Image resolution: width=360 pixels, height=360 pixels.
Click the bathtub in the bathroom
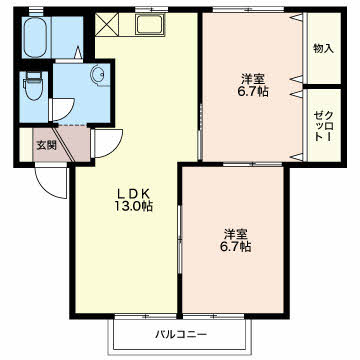click(35, 37)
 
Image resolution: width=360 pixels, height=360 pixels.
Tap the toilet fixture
click(33, 86)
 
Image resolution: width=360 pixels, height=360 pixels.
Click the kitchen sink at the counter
click(149, 24)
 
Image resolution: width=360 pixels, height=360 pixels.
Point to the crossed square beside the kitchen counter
click(107, 24)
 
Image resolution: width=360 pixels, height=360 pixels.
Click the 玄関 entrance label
click(46, 145)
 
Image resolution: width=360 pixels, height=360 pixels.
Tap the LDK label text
click(134, 193)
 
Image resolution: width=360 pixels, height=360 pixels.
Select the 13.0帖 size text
click(134, 207)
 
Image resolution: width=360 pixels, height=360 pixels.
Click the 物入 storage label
click(323, 49)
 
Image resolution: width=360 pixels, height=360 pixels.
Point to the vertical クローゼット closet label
click(323, 126)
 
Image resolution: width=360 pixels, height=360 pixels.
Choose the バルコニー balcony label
click(181, 334)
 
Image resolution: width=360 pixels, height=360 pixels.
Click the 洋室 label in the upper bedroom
click(253, 79)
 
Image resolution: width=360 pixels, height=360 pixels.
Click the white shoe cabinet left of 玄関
click(26, 145)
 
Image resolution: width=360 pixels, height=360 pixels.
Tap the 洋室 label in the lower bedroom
click(235, 234)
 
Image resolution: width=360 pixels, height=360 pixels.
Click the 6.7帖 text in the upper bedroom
click(253, 91)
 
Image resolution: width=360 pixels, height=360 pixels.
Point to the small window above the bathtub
click(36, 13)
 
